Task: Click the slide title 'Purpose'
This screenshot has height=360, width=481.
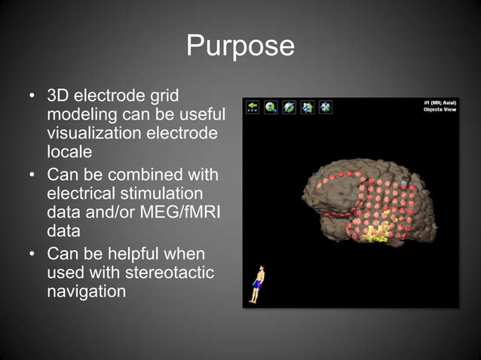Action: (240, 47)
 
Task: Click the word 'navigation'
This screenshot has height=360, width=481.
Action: (86, 290)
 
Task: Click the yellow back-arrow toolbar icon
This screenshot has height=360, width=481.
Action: (253, 108)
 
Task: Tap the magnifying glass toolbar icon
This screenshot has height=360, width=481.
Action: (271, 108)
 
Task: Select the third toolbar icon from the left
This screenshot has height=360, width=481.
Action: (290, 108)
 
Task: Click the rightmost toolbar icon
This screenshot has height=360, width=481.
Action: (326, 108)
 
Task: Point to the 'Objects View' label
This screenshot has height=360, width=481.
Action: (439, 110)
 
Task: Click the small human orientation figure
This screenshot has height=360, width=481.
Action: (258, 284)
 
